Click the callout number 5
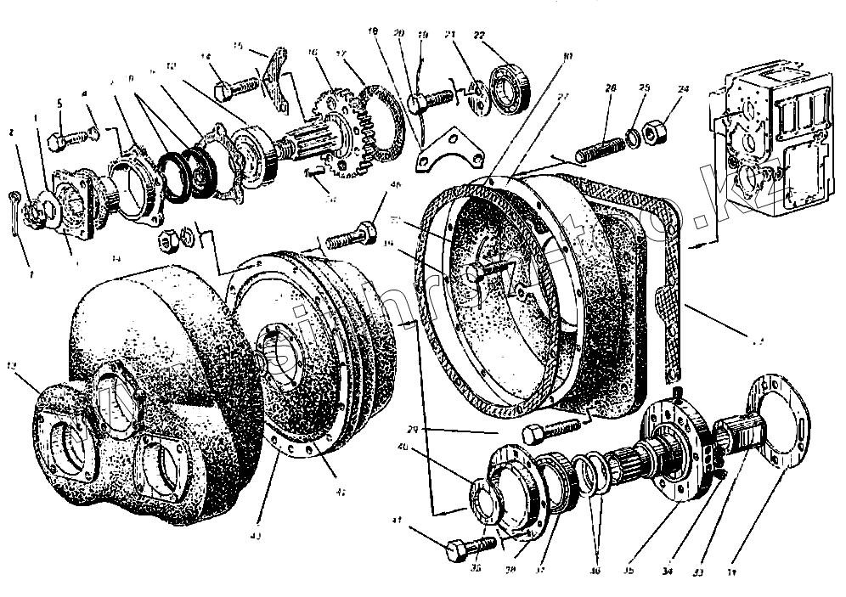pos(59,104)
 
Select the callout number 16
pos(313,51)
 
